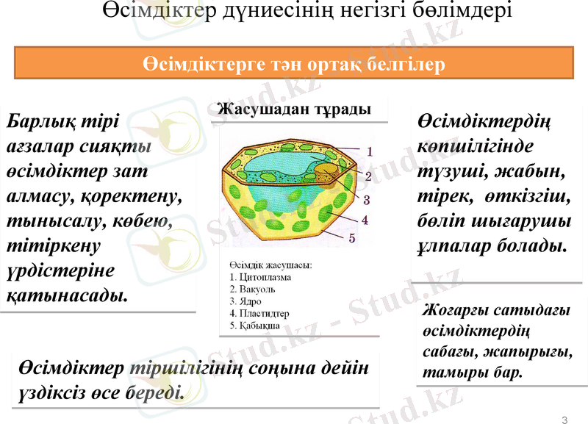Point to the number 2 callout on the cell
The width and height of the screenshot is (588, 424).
[x=368, y=176]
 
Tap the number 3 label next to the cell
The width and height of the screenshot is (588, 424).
[x=365, y=198]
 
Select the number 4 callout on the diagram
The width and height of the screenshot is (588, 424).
[x=365, y=219]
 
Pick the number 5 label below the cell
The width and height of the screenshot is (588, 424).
[x=352, y=237]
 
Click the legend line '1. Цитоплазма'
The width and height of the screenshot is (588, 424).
[x=260, y=277]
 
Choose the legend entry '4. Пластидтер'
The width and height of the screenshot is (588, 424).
[x=259, y=312]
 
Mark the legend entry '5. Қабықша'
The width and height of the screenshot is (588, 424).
[x=254, y=324]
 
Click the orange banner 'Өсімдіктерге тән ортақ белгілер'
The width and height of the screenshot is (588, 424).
[x=294, y=64]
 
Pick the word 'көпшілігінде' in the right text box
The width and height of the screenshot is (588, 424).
[x=475, y=145]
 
